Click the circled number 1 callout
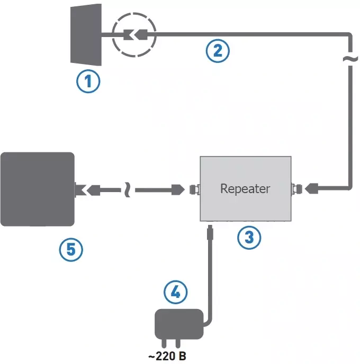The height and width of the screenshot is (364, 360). [x=88, y=81]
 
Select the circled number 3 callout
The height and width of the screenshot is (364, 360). [x=249, y=237]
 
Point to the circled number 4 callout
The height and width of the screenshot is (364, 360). [x=175, y=291]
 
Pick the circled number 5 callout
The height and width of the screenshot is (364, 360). [x=71, y=250]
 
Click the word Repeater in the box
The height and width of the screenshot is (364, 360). [x=245, y=188]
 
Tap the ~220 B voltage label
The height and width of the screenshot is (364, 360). [x=167, y=357]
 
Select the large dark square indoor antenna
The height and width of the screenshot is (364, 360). [x=37, y=189]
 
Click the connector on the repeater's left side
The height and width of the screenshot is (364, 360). [x=194, y=188]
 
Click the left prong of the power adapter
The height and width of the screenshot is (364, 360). [x=165, y=343]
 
